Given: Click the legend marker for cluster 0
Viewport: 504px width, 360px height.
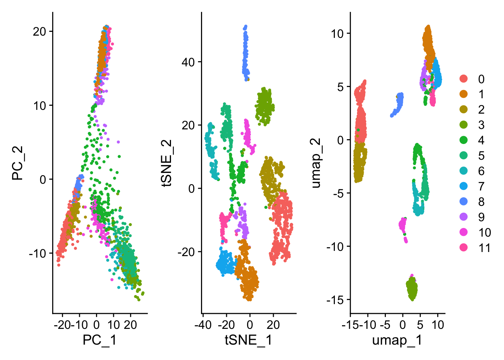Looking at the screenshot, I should [x=464, y=79].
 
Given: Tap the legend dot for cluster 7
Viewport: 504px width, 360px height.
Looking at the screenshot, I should [x=464, y=186].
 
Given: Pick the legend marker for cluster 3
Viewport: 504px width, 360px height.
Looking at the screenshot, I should [x=464, y=125].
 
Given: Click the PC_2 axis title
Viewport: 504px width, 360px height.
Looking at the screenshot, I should [x=18, y=163].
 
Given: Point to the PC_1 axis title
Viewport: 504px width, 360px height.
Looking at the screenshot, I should [x=99, y=340].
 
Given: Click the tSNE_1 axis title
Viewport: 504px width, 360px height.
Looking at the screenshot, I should [x=248, y=340].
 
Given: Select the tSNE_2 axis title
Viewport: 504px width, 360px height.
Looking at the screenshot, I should [x=166, y=163].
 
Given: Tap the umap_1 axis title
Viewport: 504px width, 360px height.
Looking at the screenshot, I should [x=397, y=340].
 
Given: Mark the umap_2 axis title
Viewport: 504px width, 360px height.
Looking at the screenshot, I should [x=316, y=163].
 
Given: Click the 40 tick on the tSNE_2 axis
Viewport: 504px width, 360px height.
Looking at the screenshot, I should [x=188, y=62].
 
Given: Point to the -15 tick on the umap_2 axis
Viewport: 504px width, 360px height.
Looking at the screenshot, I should [x=335, y=300].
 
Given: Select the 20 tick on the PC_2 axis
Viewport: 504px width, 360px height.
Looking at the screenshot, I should [x=39, y=31].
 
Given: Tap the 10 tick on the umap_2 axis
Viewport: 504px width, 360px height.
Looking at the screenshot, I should [x=337, y=33].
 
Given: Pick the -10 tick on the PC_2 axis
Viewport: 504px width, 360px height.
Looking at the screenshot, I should [x=37, y=253].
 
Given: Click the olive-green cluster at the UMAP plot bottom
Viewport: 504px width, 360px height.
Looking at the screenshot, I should [x=412, y=289].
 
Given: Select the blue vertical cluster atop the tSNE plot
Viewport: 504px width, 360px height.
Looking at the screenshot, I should [x=246, y=52].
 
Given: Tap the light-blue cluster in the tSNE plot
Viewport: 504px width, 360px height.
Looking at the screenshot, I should [x=226, y=262].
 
